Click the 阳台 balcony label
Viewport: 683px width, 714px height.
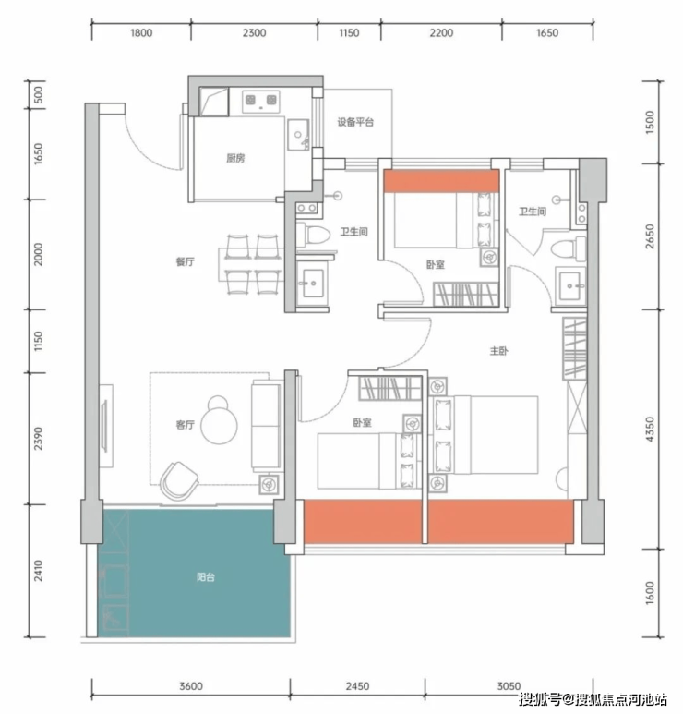(205, 577)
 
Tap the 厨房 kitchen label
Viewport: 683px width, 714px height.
(235, 158)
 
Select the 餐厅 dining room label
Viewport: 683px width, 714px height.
(186, 261)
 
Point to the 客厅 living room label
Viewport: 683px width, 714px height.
(186, 424)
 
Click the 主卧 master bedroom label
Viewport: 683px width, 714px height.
(498, 351)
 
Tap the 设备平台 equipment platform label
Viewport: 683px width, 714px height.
(355, 122)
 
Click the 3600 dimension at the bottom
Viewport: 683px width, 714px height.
(191, 685)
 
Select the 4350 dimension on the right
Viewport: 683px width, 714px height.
(650, 429)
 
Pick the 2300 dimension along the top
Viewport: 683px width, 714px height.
(254, 32)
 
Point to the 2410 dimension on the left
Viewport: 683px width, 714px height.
(39, 570)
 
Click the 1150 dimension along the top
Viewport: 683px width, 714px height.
(349, 32)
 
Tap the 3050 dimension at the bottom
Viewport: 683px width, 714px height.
(509, 685)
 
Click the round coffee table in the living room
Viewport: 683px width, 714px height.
(220, 425)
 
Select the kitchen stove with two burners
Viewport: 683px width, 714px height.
(260, 100)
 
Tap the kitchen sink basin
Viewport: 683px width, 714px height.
(298, 134)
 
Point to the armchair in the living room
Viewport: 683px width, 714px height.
(179, 481)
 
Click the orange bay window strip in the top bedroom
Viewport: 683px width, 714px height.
(441, 181)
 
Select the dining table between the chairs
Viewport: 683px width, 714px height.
(251, 264)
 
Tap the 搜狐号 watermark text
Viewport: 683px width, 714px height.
(540, 698)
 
